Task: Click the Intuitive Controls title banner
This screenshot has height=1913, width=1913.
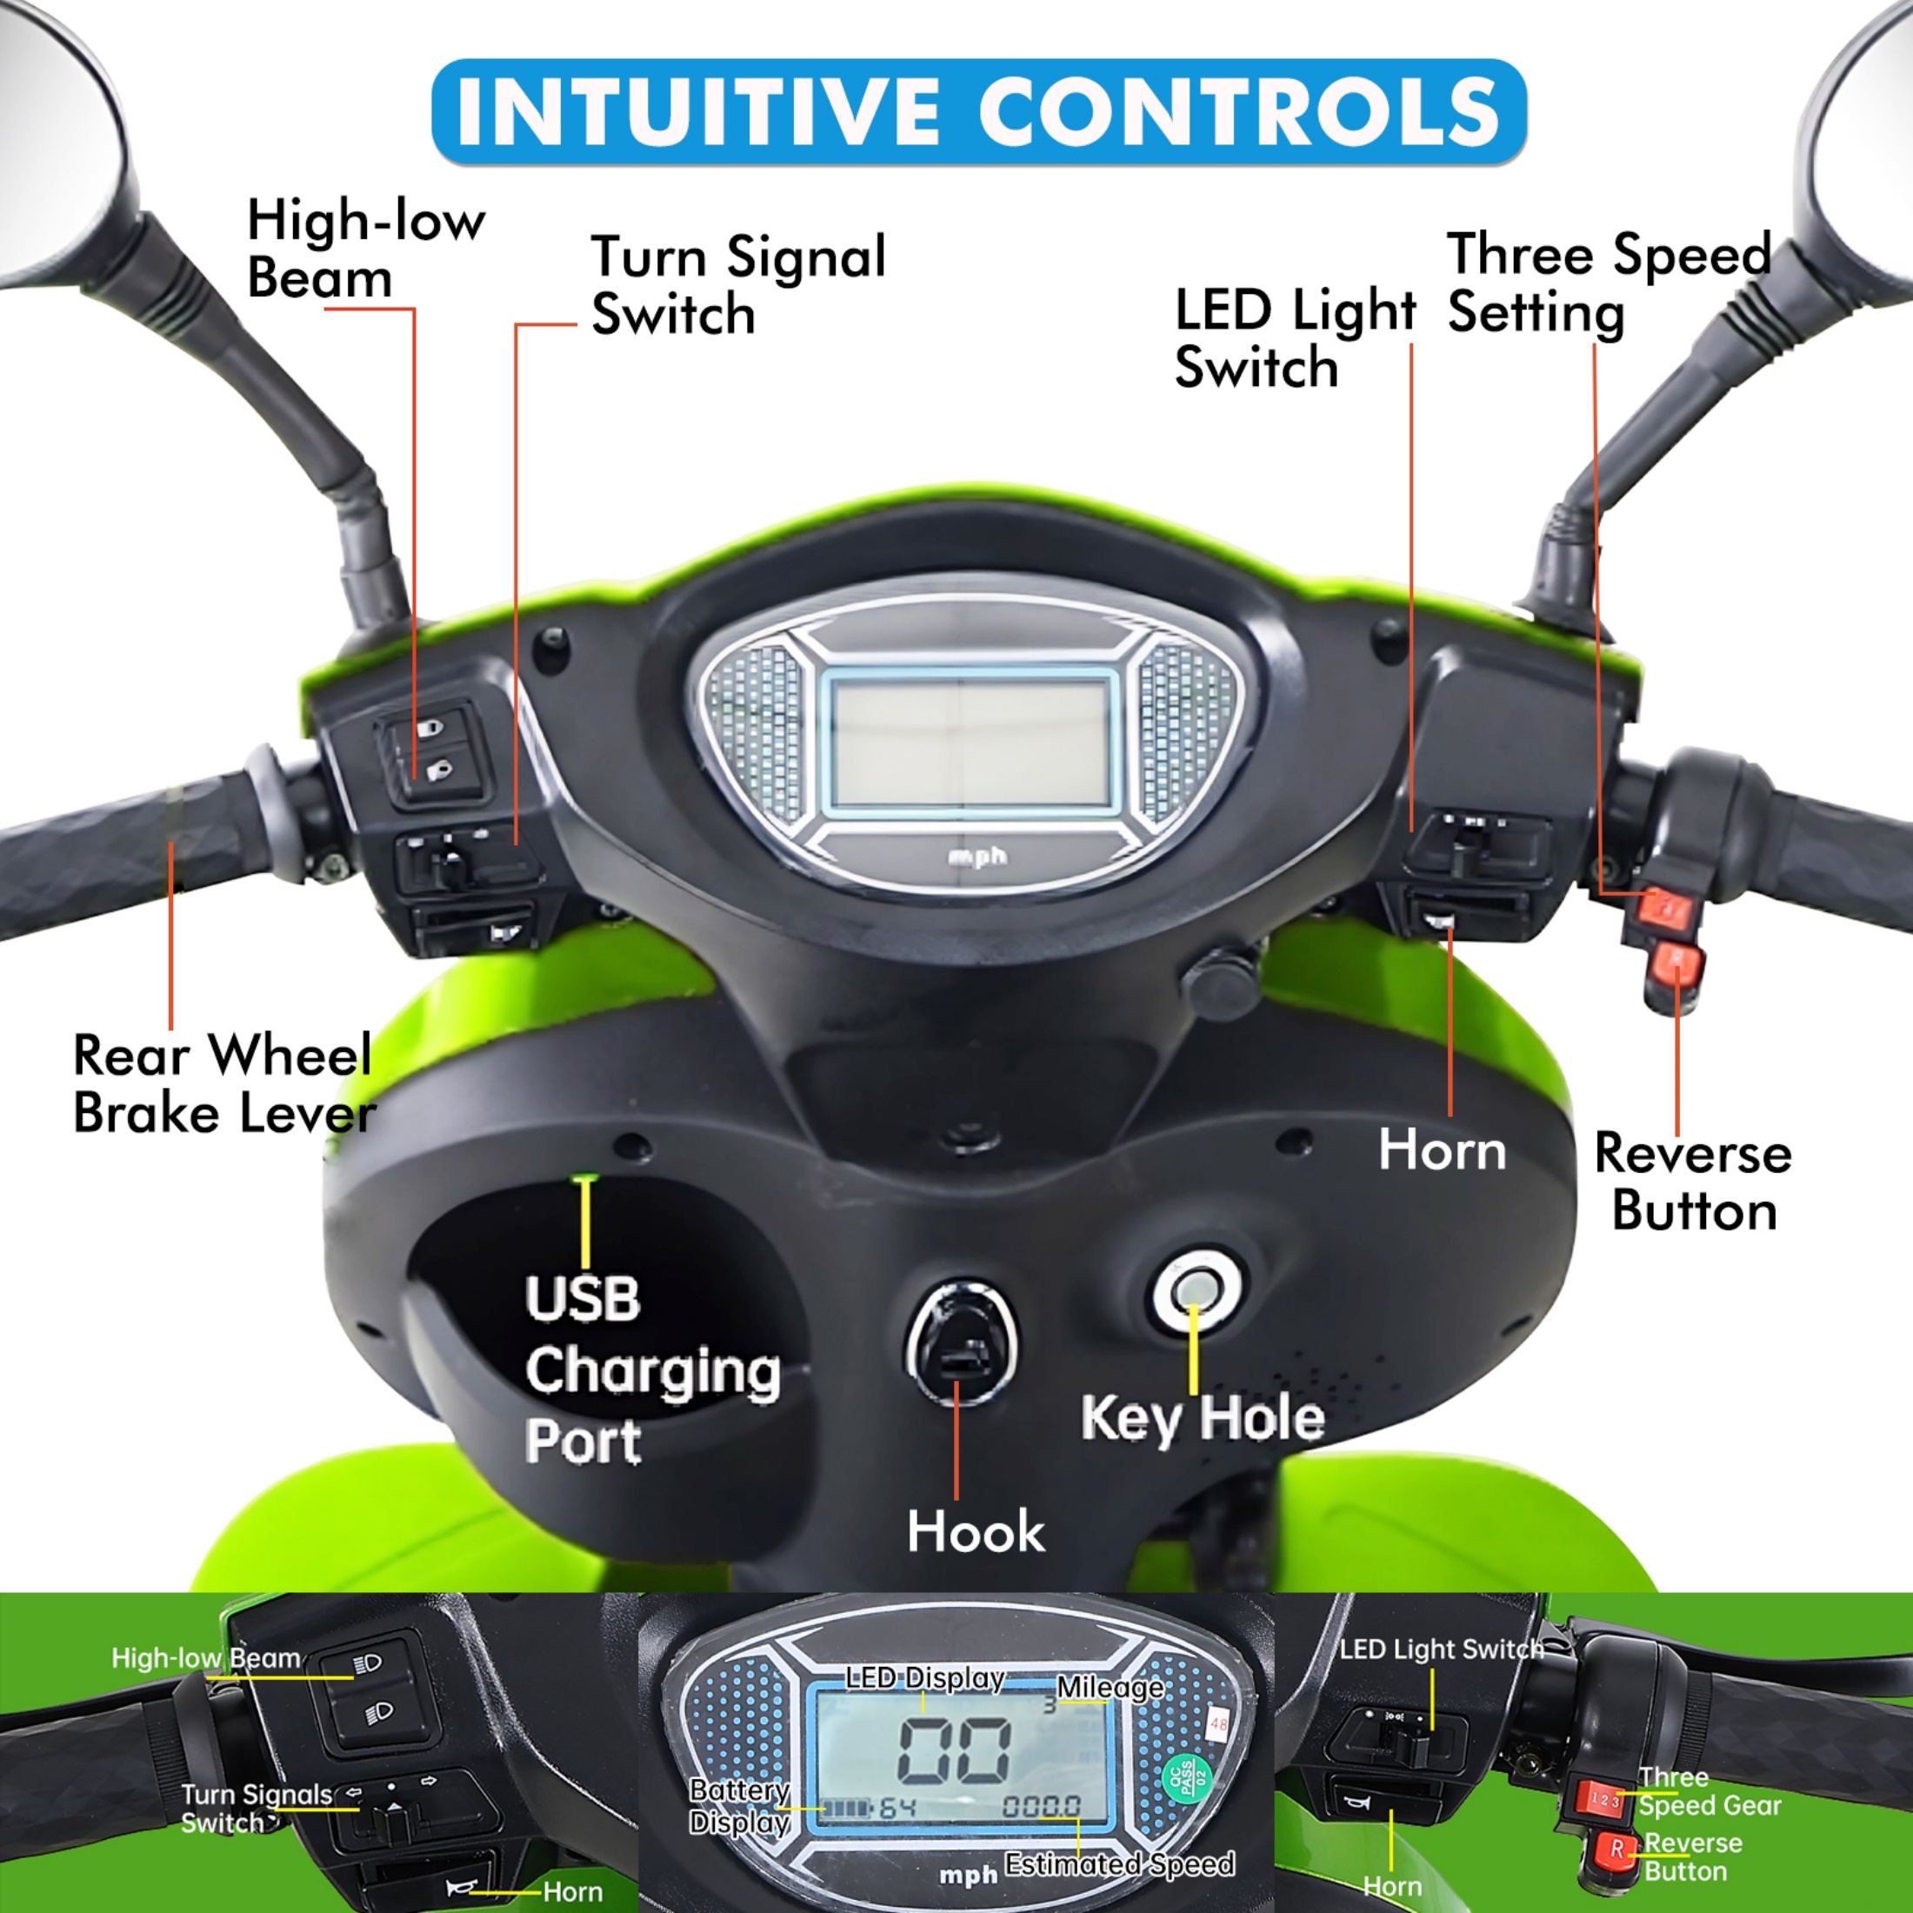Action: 978,111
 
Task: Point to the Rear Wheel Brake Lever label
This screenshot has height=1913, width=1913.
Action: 223,1084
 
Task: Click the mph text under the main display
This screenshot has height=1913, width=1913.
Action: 976,856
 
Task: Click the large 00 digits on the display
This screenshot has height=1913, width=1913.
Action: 954,1750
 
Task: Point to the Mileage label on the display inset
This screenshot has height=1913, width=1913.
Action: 1110,1687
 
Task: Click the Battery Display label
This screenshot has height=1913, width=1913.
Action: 738,1806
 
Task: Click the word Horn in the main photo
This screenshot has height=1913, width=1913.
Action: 1442,1150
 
